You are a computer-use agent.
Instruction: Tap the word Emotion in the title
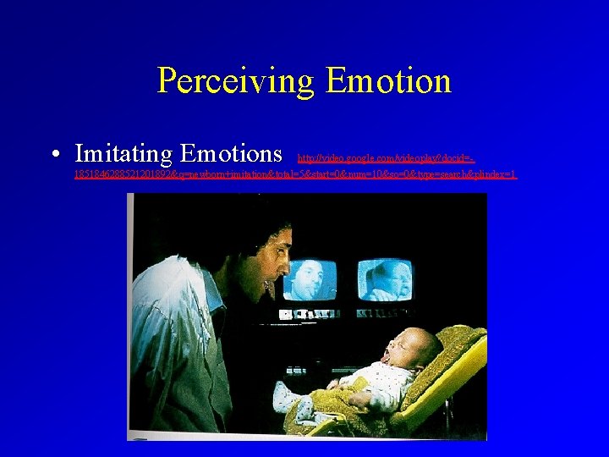[388, 81]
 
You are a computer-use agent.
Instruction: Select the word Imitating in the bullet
[124, 153]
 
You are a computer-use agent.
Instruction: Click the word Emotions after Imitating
[231, 153]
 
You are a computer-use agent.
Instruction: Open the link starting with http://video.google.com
[386, 157]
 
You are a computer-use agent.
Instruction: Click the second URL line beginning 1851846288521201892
[295, 174]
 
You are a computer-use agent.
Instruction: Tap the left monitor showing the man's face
[310, 280]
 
